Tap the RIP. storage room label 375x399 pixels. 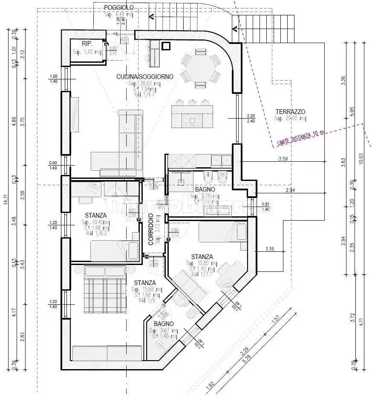tap(87, 44)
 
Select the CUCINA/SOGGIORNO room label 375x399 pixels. tap(145, 76)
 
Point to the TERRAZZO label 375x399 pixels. tap(290, 111)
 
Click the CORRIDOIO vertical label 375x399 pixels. tap(151, 229)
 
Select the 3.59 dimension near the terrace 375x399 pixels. tap(283, 159)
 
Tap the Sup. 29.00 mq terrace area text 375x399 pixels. tap(290, 118)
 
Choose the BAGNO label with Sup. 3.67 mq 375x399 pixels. tap(164, 324)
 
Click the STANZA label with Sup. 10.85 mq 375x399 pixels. tap(202, 256)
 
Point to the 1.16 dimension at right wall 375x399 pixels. tap(269, 248)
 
